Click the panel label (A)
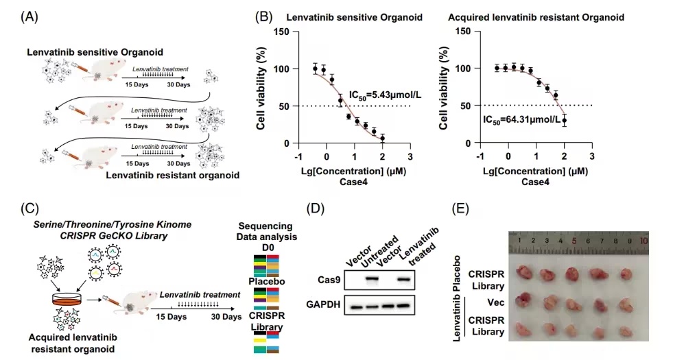(x=29, y=17)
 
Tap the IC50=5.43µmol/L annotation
(x=385, y=95)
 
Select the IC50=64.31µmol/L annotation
(x=521, y=120)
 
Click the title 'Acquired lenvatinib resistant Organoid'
(x=536, y=18)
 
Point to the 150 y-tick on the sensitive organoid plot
(x=281, y=32)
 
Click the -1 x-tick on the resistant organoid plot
(x=480, y=156)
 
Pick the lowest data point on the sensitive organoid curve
(x=382, y=139)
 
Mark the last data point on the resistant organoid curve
(x=565, y=120)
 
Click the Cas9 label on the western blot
(x=329, y=280)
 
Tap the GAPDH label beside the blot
(x=323, y=304)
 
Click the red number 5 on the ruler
(x=574, y=241)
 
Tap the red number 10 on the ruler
(x=643, y=240)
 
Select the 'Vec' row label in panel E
(x=496, y=302)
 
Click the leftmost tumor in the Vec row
(x=523, y=301)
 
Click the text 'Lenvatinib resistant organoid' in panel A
(x=173, y=176)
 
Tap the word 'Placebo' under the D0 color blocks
(x=266, y=281)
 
